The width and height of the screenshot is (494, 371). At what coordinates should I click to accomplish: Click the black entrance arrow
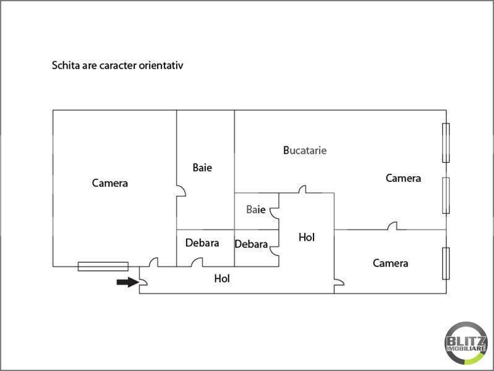click(x=127, y=282)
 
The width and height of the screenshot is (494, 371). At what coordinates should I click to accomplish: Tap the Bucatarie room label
click(x=305, y=150)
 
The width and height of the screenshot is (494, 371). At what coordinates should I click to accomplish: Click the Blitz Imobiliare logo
click(x=466, y=343)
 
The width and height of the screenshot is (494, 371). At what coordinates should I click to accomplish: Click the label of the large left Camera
click(x=110, y=183)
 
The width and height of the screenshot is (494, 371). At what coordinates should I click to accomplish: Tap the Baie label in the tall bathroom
click(x=202, y=168)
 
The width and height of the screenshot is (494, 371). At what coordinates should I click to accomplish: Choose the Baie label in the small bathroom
click(x=256, y=210)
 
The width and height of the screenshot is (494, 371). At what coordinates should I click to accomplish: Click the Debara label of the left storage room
click(x=202, y=243)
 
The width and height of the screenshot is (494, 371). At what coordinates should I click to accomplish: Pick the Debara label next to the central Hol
click(x=252, y=244)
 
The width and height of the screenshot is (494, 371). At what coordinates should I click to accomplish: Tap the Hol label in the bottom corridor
click(x=222, y=279)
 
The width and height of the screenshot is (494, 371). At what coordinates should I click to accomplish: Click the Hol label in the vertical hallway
click(x=307, y=237)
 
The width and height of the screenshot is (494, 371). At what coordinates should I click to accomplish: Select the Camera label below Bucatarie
click(x=403, y=179)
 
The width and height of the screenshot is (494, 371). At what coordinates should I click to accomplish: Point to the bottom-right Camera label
click(x=390, y=263)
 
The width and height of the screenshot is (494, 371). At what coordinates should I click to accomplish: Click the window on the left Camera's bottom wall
click(x=103, y=267)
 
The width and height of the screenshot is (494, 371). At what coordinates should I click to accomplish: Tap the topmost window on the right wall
click(x=446, y=143)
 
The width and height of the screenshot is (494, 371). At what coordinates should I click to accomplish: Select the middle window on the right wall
click(x=446, y=195)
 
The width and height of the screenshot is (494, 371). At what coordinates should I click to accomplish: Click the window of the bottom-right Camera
click(x=446, y=263)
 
